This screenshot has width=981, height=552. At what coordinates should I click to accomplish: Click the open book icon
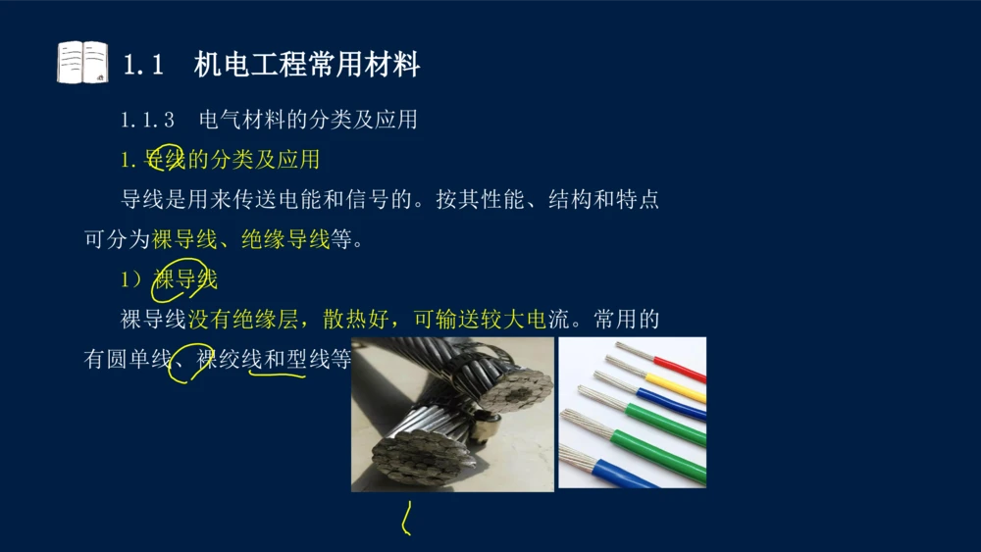click(x=82, y=63)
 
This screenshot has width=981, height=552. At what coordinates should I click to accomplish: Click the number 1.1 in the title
click(x=143, y=65)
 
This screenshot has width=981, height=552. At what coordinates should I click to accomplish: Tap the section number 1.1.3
click(x=148, y=120)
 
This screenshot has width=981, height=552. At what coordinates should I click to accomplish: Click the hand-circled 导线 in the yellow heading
click(x=165, y=159)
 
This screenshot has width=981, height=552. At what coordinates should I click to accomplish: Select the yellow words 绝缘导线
click(x=285, y=239)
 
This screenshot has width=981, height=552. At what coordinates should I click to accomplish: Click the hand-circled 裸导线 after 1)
click(x=184, y=279)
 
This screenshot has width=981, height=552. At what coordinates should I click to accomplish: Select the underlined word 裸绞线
click(x=229, y=360)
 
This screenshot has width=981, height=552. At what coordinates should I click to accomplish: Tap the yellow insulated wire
click(x=677, y=388)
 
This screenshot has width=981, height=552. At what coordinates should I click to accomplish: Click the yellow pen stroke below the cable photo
click(x=404, y=519)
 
